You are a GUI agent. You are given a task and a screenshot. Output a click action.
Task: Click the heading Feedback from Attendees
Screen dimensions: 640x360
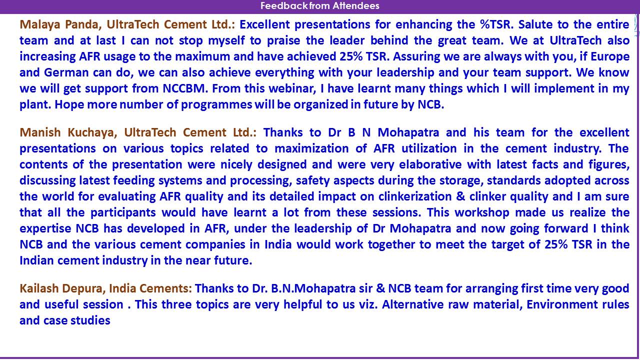[x=319, y=5]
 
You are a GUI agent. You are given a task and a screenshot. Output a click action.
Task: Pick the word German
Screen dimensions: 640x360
[x=66, y=72]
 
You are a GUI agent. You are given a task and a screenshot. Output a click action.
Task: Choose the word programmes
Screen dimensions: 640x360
[x=216, y=105]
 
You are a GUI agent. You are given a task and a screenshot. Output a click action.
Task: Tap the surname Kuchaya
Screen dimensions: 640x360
[x=92, y=133]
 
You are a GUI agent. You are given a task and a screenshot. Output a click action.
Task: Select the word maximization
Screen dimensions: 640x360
[x=311, y=148]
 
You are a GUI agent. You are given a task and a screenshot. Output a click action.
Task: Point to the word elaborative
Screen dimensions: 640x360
[x=430, y=164]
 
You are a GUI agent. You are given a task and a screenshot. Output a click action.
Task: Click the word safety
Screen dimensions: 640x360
[x=312, y=181]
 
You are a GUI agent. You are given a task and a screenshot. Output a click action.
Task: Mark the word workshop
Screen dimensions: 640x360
[x=482, y=213]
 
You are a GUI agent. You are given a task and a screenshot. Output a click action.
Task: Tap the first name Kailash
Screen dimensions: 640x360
[x=39, y=288]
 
